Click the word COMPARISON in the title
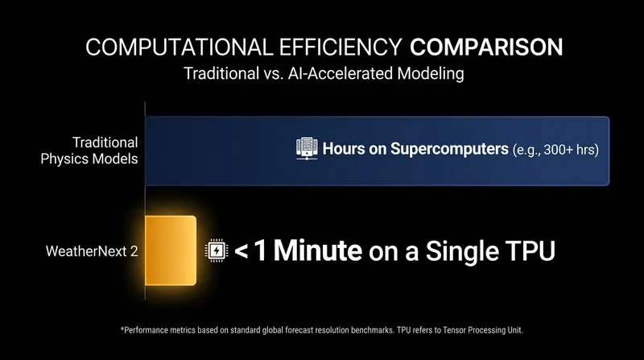pyautogui.click(x=486, y=47)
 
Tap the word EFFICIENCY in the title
pyautogui.click(x=341, y=47)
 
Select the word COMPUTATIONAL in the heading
pyautogui.click(x=180, y=47)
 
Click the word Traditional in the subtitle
pyautogui.click(x=221, y=73)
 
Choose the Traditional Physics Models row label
pyautogui.click(x=89, y=151)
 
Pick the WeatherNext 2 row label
pyautogui.click(x=92, y=251)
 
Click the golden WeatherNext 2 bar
pyautogui.click(x=171, y=250)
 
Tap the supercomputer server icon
pyautogui.click(x=307, y=148)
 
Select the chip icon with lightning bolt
pyautogui.click(x=217, y=250)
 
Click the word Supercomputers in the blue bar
pyautogui.click(x=449, y=149)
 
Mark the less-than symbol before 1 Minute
pyautogui.click(x=241, y=251)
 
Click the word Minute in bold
pyautogui.click(x=318, y=250)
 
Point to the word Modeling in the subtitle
pyautogui.click(x=431, y=74)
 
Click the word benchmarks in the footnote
pyautogui.click(x=373, y=330)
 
